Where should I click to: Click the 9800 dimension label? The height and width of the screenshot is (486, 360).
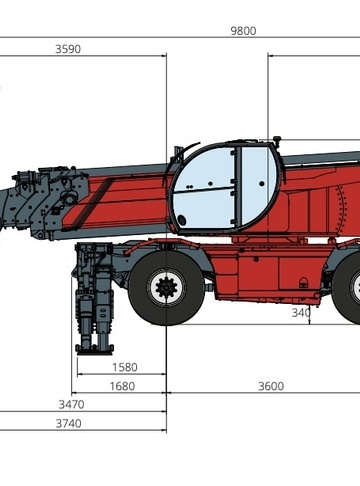tap(243, 31)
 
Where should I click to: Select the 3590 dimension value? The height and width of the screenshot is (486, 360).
tap(68, 49)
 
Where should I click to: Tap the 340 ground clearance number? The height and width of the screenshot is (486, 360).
tap(301, 313)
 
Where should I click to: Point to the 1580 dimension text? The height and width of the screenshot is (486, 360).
tap(125, 367)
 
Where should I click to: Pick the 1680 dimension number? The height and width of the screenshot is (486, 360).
tap(122, 386)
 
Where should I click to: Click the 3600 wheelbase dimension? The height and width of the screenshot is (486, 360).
tap(271, 386)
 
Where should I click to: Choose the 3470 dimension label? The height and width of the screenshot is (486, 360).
tap(71, 405)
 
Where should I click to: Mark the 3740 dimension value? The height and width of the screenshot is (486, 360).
tap(68, 424)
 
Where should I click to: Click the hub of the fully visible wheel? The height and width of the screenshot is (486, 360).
tap(166, 287)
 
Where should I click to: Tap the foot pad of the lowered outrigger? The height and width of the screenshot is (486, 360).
tap(95, 350)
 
